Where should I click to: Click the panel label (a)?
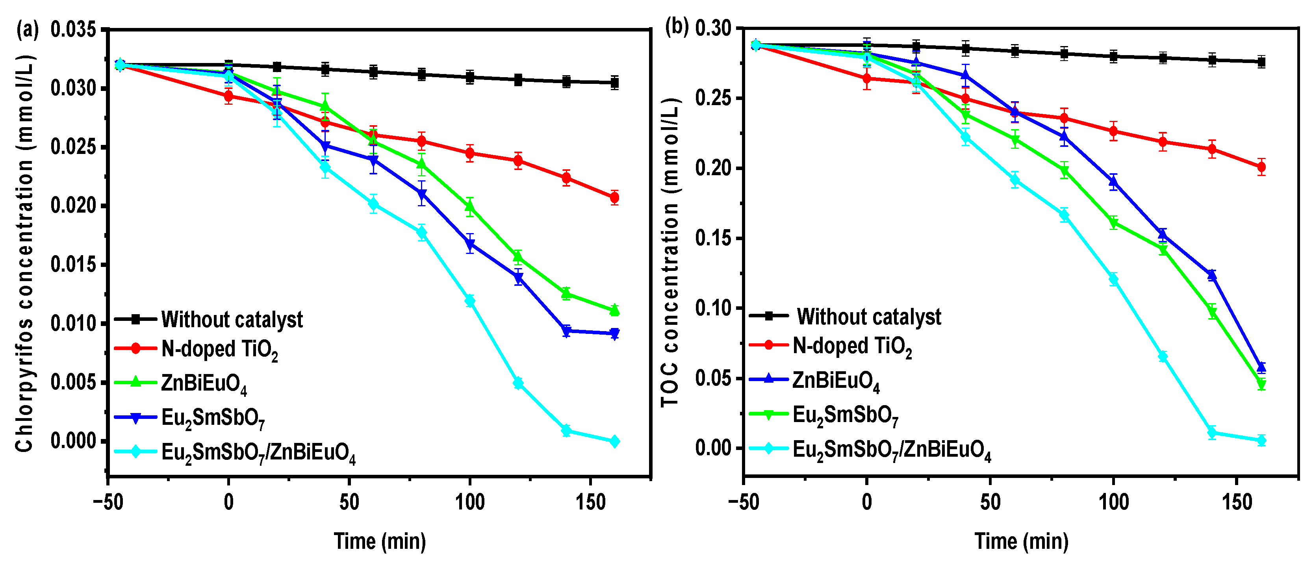27,30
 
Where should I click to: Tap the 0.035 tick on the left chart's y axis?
73,30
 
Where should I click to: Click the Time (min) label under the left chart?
380,541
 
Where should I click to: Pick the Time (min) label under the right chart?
1022,541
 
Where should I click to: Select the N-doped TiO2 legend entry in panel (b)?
851,346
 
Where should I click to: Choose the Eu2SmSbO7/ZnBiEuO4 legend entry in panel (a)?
258,452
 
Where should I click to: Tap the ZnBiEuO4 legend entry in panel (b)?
835,381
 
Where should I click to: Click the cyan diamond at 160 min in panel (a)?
615,441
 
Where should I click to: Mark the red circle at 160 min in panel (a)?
615,198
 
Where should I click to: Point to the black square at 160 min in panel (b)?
1261,62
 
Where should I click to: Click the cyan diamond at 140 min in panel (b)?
1212,433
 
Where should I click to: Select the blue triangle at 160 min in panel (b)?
1261,367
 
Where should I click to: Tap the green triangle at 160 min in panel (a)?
615,309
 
